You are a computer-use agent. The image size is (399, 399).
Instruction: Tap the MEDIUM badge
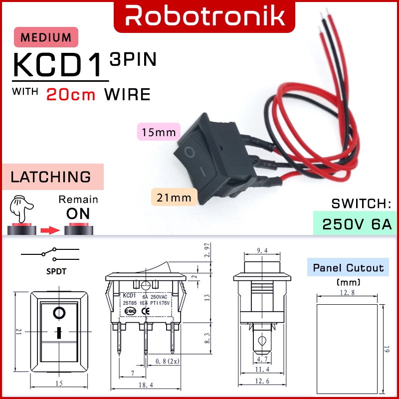[x=46, y=37]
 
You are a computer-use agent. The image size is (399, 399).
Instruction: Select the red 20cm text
[x=70, y=94]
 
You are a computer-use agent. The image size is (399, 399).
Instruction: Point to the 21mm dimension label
[x=174, y=198]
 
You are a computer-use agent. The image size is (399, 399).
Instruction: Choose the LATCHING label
[x=51, y=177]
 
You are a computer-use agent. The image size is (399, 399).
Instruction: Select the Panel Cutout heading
[x=348, y=268]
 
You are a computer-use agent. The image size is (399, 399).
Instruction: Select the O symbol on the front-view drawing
[x=59, y=313]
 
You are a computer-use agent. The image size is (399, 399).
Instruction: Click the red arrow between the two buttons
[x=50, y=230]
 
